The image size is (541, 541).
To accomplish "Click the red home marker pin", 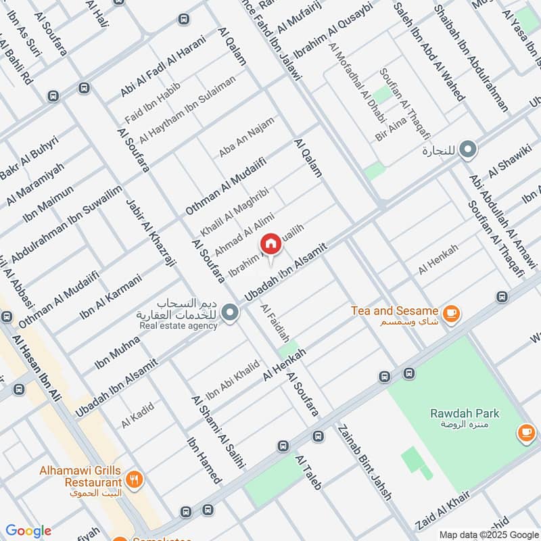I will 270,244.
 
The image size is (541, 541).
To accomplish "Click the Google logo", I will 28,531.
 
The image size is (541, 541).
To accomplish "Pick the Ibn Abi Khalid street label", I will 233,379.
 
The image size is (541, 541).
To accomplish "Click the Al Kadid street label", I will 138,415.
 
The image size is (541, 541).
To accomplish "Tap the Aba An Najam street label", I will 246,137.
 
